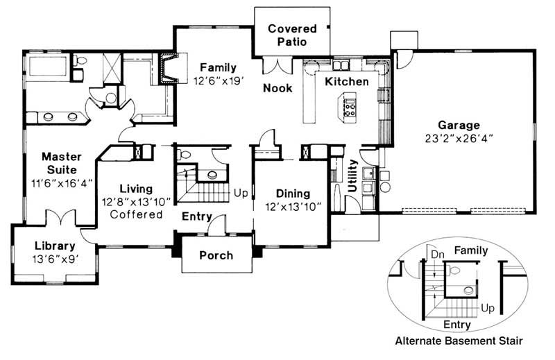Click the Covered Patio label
(292, 35)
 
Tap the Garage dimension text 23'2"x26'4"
(458, 138)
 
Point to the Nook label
(277, 88)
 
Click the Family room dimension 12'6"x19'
(219, 80)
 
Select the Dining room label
(293, 194)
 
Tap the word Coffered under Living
(136, 214)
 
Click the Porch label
(216, 255)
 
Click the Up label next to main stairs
(241, 192)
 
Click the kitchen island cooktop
(350, 107)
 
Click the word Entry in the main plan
(196, 216)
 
